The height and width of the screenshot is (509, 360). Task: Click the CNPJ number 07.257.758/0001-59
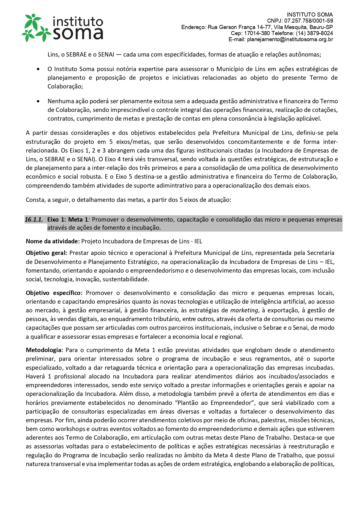308,21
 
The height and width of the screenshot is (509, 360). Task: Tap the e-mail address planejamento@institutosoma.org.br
290,39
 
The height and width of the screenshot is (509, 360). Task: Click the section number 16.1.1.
34,220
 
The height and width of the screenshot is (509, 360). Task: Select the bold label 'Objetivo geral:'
46,253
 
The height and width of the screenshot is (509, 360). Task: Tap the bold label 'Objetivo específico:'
54,293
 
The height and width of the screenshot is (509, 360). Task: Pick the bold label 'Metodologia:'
44,350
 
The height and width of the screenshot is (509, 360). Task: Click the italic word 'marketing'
244,310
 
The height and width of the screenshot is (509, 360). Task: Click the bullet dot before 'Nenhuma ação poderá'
38,101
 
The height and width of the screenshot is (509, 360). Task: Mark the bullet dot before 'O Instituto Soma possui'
38,69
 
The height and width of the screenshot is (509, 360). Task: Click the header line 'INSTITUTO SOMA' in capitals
310,15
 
